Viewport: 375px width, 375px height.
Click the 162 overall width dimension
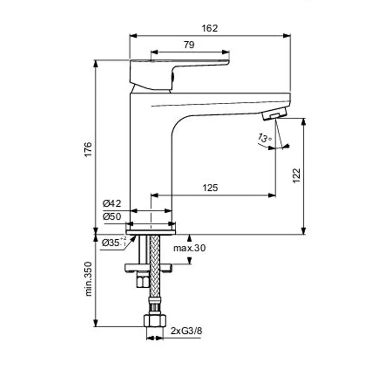(x=210, y=28)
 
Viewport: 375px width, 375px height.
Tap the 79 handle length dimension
(x=189, y=45)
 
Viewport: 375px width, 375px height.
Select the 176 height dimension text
(x=88, y=149)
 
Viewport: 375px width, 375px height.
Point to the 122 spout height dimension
(x=296, y=175)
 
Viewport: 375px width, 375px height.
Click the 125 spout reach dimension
(x=210, y=188)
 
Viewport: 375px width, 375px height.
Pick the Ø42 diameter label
(x=112, y=204)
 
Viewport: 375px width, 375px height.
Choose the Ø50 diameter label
(x=112, y=217)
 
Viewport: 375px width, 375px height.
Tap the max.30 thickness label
(x=189, y=248)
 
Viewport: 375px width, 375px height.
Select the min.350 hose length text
(x=88, y=279)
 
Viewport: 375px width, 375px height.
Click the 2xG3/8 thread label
(x=186, y=331)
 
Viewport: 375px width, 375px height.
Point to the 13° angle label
(x=264, y=138)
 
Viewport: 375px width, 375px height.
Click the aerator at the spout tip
(x=274, y=114)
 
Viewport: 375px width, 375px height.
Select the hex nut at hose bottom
(x=155, y=321)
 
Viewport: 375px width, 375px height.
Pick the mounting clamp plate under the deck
(x=148, y=268)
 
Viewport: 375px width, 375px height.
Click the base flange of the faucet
(x=151, y=232)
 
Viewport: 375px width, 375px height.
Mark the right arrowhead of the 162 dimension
(x=287, y=36)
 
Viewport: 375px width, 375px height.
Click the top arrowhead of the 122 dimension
(x=303, y=122)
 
